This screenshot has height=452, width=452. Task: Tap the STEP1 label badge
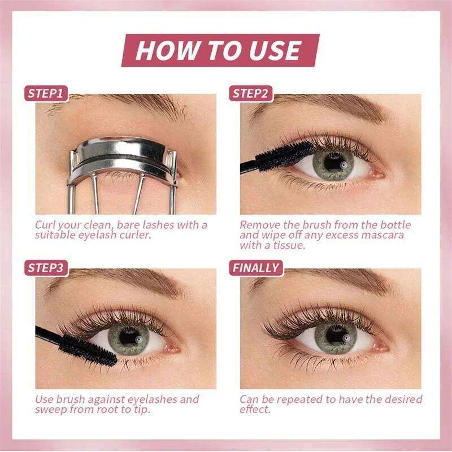point(46,93)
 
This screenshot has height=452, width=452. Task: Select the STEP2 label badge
point(251,93)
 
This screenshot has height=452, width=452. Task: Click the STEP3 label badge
point(46,268)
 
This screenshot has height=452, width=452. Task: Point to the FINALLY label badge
point(256,268)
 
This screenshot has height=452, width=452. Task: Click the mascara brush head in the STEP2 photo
point(284,157)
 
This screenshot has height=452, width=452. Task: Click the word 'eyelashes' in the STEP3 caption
point(152,400)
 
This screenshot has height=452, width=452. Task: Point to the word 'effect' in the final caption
point(255,410)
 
